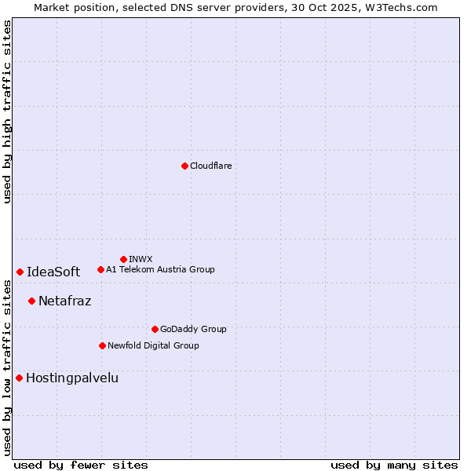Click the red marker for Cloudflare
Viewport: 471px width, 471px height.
coord(184,166)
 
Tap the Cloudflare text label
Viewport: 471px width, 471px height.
coord(210,166)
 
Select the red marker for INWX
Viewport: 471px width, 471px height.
coord(123,259)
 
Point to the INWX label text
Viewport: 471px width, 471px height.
coord(141,259)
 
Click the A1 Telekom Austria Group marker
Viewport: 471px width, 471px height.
coord(100,269)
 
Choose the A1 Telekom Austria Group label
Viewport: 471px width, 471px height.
coord(160,269)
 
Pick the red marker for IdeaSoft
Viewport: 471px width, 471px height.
coord(20,272)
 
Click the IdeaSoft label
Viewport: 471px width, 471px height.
coord(53,272)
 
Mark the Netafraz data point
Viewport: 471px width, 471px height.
coord(31,301)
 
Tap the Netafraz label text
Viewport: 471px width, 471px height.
coord(64,301)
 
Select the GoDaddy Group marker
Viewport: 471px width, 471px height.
coord(155,329)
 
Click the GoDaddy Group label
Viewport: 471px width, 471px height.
coord(193,329)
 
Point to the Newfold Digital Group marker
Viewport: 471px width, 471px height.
coord(102,345)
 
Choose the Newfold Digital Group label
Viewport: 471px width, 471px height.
coord(153,345)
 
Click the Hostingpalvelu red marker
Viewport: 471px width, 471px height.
coord(19,378)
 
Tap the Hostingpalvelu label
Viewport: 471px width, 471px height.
coord(72,378)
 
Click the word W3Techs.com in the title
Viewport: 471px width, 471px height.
coord(404,7)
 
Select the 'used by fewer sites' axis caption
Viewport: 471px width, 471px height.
coord(81,465)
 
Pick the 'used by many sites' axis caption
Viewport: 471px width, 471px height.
coord(393,465)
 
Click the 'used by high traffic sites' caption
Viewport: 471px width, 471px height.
coord(7,111)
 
